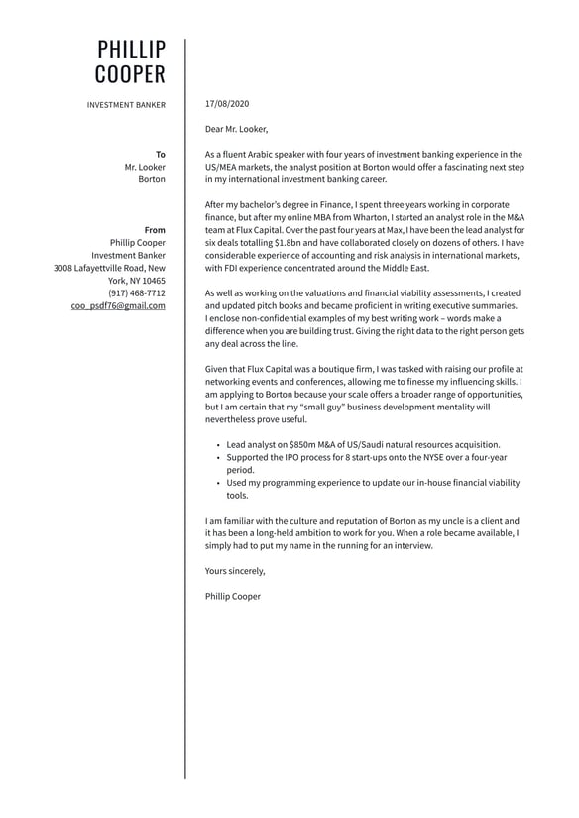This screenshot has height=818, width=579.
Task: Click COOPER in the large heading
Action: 130,74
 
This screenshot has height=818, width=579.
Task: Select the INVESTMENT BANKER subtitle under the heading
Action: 126,104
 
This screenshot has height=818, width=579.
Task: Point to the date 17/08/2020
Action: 227,103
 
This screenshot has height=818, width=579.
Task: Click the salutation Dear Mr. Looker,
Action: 236,129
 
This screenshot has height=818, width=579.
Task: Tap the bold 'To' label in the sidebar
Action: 161,154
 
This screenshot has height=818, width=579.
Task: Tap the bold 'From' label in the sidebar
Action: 155,230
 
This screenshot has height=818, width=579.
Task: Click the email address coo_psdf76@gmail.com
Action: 118,306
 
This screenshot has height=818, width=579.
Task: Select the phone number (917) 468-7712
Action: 137,293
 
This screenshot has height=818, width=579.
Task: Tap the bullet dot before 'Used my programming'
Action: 217,483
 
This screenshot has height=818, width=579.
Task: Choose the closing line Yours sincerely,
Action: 235,571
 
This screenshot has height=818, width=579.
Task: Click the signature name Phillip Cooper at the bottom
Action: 233,596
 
